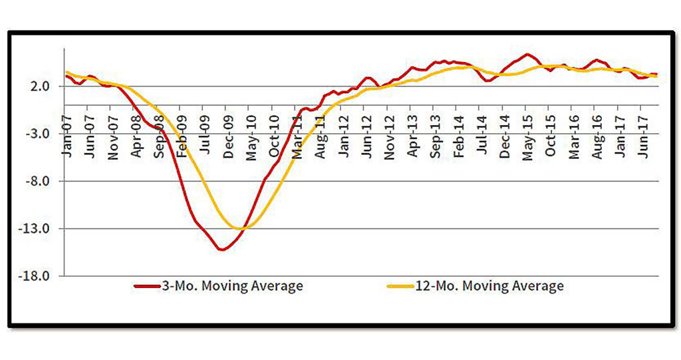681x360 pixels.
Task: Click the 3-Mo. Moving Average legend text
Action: [231, 286]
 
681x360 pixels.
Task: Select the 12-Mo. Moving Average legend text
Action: [488, 286]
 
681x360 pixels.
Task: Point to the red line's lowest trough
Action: [222, 250]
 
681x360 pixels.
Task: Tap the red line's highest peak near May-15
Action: [527, 55]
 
